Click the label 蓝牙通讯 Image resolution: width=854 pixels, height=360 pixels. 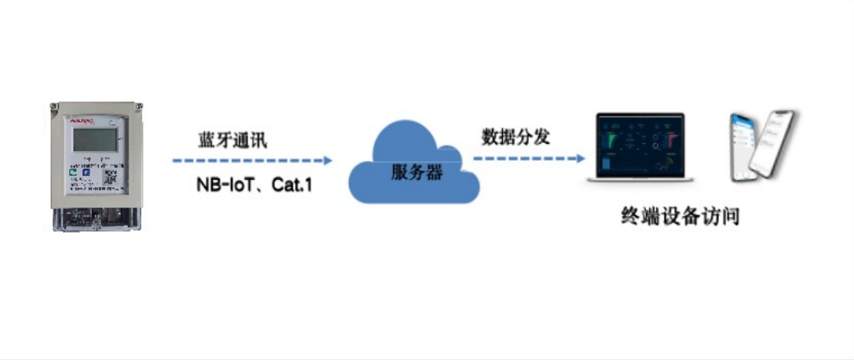(233, 141)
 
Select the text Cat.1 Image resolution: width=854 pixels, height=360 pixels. (290, 187)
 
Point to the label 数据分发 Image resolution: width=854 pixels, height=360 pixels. (515, 136)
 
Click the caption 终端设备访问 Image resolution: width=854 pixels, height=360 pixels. (680, 216)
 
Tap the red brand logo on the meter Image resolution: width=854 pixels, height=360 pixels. (82, 122)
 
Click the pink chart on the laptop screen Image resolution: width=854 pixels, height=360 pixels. (672, 140)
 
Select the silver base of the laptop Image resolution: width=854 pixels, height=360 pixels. (640, 181)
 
